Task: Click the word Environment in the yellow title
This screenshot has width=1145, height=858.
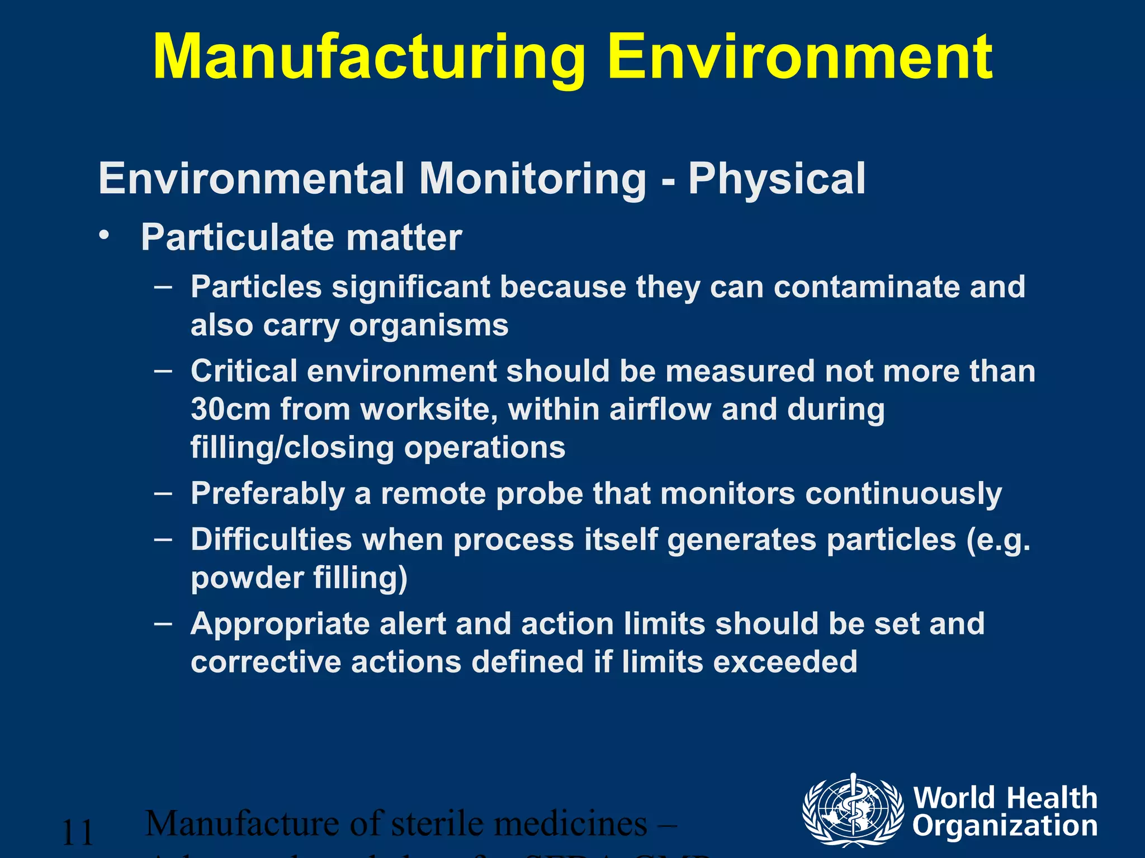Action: (x=801, y=57)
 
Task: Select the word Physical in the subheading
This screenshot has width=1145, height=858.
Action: (x=777, y=179)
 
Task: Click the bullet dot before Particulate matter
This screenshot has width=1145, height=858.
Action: (x=103, y=236)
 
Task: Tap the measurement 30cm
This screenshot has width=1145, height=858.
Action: (x=231, y=409)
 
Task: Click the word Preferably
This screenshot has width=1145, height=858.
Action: (x=268, y=494)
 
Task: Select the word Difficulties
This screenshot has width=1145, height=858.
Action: (x=271, y=540)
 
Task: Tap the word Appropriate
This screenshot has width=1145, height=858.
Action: (x=280, y=624)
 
